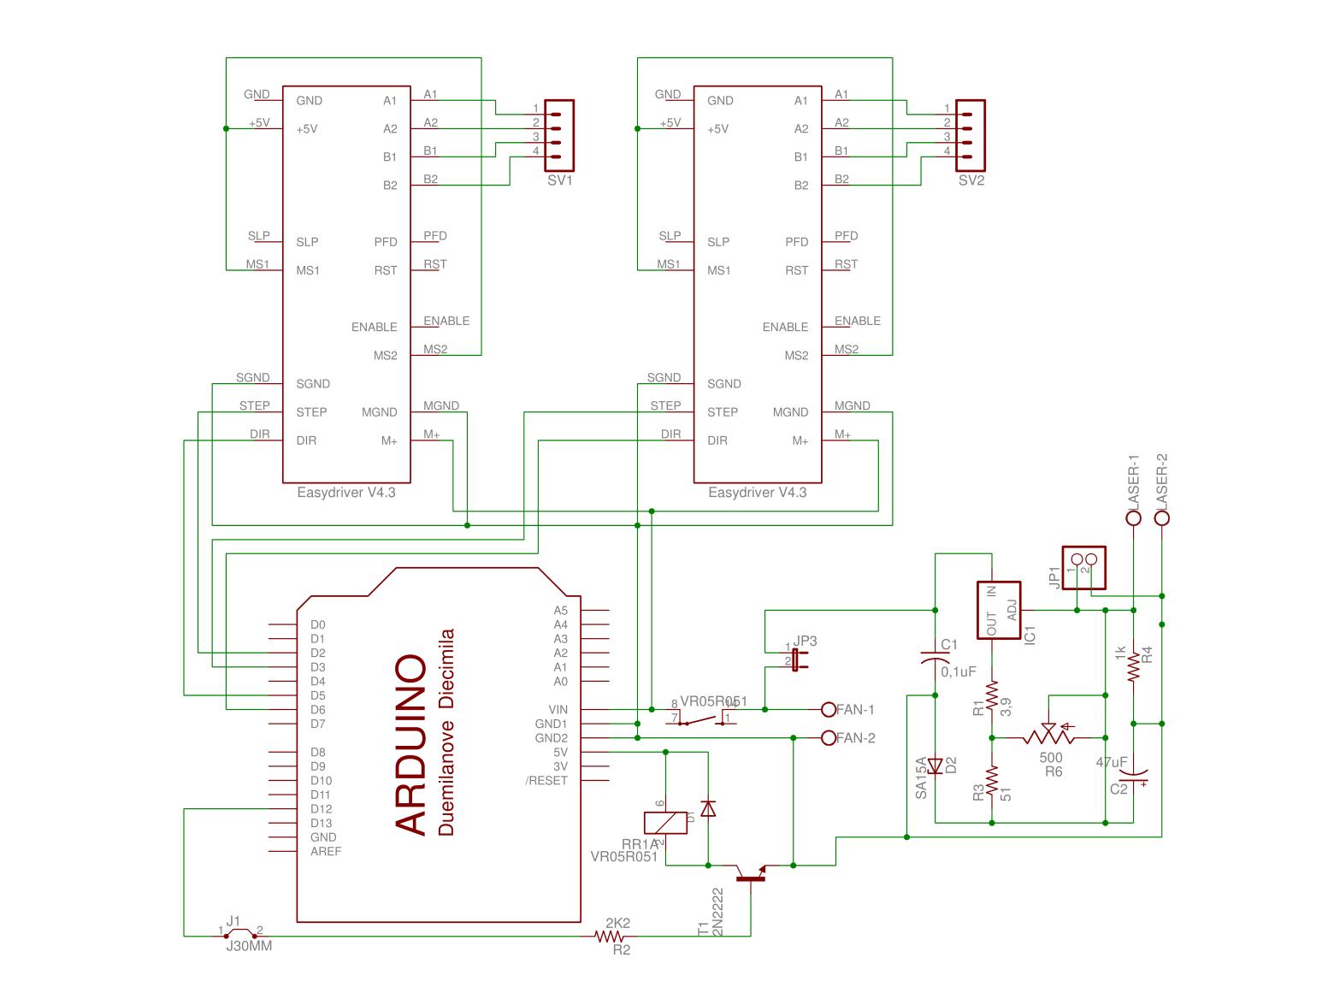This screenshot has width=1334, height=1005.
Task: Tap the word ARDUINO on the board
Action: (x=411, y=745)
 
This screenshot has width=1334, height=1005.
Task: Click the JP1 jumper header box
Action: (x=1083, y=567)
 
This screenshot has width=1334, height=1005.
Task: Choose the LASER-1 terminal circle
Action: (x=1134, y=517)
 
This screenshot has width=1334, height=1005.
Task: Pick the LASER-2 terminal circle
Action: (x=1162, y=517)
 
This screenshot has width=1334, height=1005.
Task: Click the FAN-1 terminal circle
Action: (x=828, y=709)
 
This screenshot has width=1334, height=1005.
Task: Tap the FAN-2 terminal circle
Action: (x=828, y=737)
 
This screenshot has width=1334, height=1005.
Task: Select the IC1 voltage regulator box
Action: (x=1000, y=610)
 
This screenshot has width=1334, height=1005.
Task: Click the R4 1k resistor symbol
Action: (x=1134, y=666)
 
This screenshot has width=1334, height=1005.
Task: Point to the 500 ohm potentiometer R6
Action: (x=1049, y=736)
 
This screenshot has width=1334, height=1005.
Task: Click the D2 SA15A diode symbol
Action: (x=936, y=766)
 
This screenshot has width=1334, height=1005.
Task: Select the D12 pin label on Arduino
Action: (x=321, y=809)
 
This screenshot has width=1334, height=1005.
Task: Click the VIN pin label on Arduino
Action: (x=558, y=710)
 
